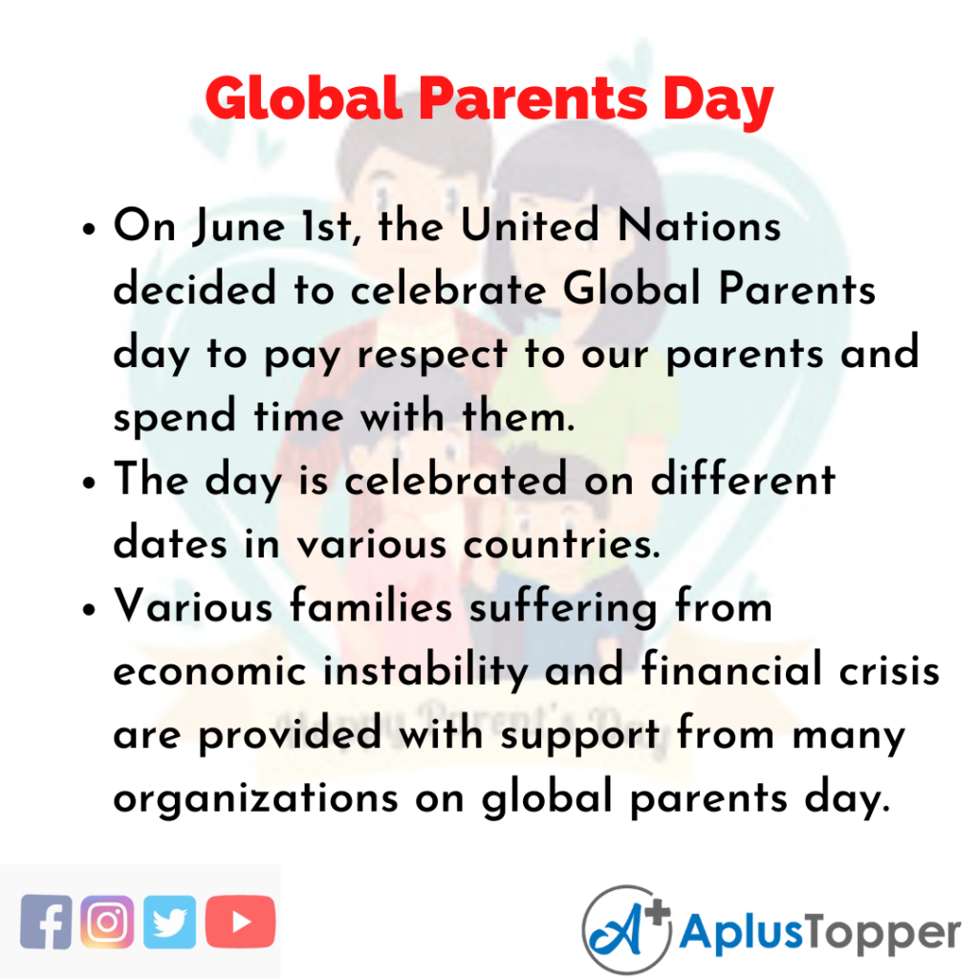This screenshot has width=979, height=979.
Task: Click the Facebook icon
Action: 46,922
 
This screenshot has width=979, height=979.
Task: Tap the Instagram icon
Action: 107,922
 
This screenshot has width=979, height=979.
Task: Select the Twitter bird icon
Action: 169,922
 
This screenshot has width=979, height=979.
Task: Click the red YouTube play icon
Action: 240,922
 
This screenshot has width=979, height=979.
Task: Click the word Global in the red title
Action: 303,98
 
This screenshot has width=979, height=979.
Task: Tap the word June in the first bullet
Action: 238,226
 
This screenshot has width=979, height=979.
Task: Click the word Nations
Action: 699,225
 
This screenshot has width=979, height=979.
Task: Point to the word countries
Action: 561,544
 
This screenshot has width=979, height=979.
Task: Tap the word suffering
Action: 563,609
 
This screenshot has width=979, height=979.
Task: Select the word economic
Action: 210,672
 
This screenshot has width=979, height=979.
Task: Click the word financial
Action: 731,670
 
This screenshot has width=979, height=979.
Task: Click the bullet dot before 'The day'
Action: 89,483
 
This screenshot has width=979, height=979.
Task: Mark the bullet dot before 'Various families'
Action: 89,609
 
